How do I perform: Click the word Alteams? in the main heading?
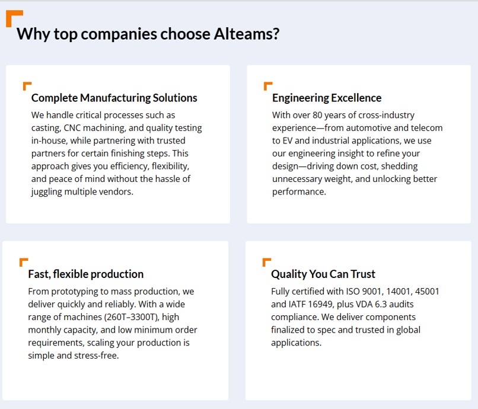(x=246, y=34)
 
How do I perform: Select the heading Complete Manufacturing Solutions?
(x=114, y=98)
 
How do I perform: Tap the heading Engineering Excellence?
(x=327, y=98)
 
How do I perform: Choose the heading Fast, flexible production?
(x=85, y=274)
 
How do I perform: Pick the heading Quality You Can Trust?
(x=323, y=274)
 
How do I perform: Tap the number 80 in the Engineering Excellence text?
(x=317, y=115)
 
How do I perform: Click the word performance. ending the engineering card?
(x=299, y=191)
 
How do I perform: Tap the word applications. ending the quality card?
(x=297, y=343)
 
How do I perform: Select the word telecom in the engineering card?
(x=427, y=127)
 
